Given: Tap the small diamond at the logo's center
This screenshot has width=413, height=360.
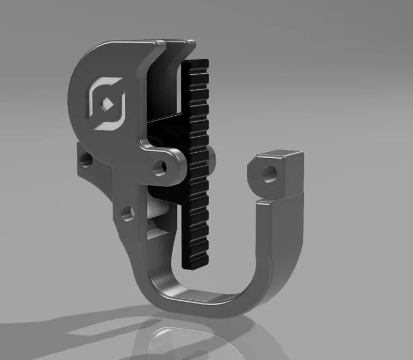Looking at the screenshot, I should pos(108,104).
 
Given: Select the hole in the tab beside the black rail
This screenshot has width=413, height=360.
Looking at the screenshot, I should pos(158,167).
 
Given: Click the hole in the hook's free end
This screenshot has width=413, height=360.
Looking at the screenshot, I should pos(267,173).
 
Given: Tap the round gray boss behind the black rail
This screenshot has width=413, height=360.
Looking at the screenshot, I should pos(212,159).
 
